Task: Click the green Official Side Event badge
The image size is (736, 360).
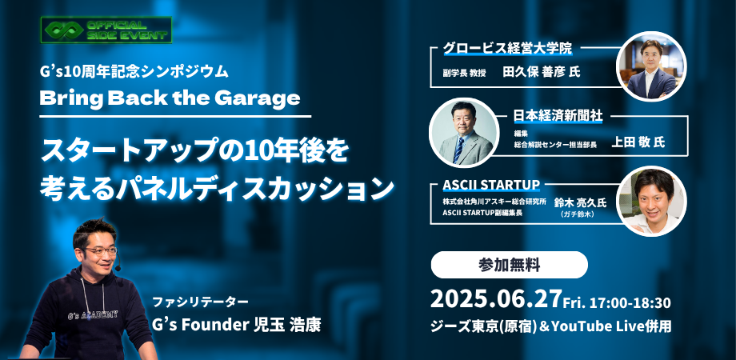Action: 106,30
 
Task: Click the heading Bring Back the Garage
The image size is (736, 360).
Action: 170,98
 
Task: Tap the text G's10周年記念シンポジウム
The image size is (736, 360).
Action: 134,71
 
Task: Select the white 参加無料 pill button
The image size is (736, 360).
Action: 510,265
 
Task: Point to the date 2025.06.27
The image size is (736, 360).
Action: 496,299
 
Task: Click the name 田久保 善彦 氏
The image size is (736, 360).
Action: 542,72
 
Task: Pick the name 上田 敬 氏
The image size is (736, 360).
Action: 638,142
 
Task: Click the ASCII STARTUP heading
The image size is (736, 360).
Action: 491,185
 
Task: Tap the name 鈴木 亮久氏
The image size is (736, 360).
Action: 581,202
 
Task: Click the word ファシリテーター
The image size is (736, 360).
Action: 200,302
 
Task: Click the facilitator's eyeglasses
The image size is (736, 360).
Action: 101,251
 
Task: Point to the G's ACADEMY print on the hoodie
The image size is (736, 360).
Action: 94,315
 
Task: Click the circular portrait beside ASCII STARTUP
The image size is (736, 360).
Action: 651,201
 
